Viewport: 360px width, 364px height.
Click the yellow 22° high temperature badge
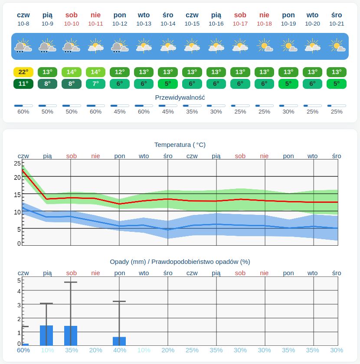(23, 72)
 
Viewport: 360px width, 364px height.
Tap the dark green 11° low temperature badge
(23, 84)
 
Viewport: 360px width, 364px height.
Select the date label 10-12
(120, 24)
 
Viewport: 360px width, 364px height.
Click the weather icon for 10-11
(95, 46)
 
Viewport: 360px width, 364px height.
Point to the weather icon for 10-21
(337, 46)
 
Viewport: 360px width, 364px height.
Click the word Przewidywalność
(180, 97)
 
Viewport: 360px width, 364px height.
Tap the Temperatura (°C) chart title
(180, 145)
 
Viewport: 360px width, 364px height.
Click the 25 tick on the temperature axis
(17, 163)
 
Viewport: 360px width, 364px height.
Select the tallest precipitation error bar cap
(71, 282)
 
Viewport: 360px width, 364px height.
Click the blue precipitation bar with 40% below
(119, 341)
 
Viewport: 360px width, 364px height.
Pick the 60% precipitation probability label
(23, 350)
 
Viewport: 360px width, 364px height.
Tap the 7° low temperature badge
(95, 84)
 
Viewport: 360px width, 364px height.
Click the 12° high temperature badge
(120, 72)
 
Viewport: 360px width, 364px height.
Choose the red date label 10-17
(240, 24)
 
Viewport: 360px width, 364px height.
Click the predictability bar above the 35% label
(192, 106)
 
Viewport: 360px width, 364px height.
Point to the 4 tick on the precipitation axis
(19, 291)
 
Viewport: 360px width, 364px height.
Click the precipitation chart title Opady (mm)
(128, 262)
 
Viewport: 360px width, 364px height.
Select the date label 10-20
(312, 24)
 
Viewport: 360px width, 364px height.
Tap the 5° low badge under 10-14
(168, 84)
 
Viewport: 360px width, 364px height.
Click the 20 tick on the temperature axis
(17, 178)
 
